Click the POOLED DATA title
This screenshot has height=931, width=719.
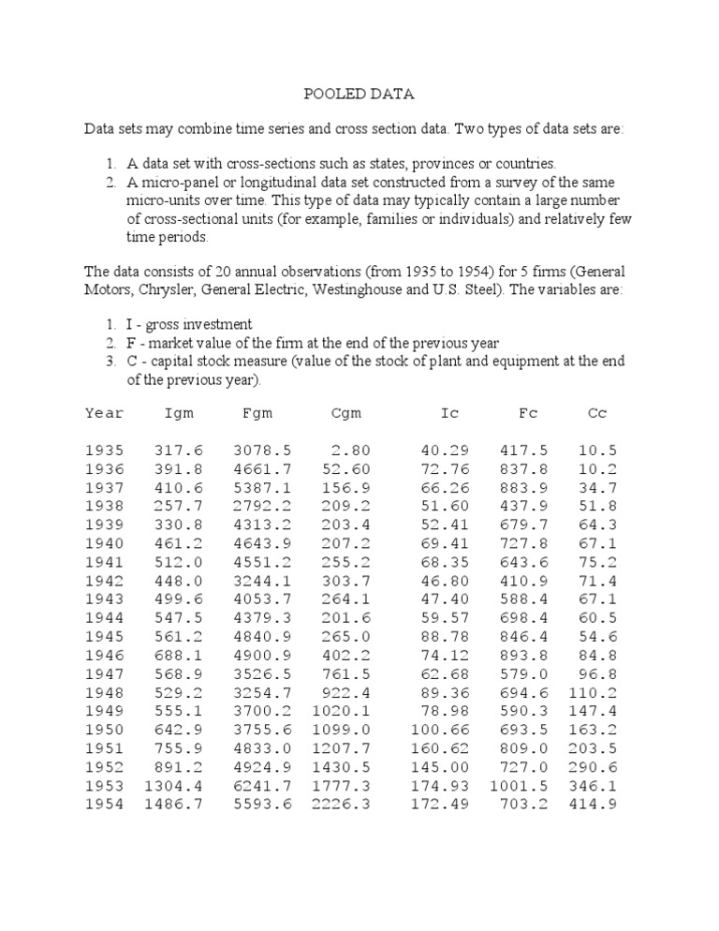click(359, 95)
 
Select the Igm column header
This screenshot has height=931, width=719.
click(179, 413)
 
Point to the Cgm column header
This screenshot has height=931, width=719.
click(346, 413)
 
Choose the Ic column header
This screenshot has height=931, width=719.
click(450, 413)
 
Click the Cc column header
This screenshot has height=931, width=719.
click(597, 413)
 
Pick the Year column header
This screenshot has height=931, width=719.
click(104, 413)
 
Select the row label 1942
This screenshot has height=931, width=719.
click(104, 581)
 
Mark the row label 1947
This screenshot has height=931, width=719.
click(104, 672)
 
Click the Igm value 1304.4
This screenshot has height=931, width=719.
click(172, 785)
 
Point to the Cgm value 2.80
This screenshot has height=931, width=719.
click(351, 451)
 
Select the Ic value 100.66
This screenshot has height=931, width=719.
click(440, 729)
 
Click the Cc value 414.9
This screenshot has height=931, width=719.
click(593, 804)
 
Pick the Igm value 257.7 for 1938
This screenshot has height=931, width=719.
click(179, 506)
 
